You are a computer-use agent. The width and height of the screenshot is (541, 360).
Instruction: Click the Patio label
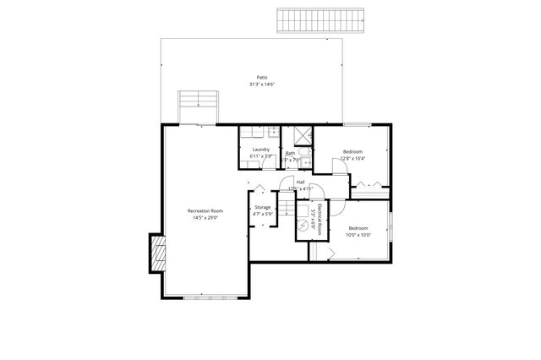coord(263,77)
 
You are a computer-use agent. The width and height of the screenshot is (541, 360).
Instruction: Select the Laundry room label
coord(260,150)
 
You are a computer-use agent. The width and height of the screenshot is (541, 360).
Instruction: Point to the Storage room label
coord(262,206)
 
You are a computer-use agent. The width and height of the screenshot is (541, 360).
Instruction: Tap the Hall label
coord(300,181)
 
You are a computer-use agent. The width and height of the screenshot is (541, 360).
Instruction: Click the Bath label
coord(290,154)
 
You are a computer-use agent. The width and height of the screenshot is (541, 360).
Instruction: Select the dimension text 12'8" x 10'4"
coord(352,158)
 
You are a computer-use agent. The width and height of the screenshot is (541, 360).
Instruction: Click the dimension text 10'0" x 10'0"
coord(358,235)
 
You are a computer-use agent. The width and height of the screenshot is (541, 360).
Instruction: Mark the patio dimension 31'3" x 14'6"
coord(263,85)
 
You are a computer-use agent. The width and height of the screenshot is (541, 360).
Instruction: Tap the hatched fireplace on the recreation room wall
coord(156,253)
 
